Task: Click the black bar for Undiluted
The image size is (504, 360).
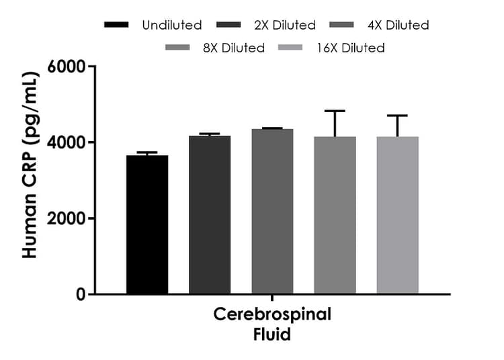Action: click(147, 225)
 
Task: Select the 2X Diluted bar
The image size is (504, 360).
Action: click(210, 215)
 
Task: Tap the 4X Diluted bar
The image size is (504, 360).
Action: click(272, 212)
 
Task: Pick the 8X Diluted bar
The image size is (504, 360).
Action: click(335, 216)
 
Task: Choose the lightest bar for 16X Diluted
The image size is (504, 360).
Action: click(397, 216)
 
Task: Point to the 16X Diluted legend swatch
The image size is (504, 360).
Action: click(300, 48)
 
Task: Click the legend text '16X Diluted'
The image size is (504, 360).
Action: click(352, 48)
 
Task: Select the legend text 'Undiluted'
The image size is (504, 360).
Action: click(172, 26)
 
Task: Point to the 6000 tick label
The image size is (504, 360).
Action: click(66, 67)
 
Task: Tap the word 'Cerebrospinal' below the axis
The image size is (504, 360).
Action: click(272, 316)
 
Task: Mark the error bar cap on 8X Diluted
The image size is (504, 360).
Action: click(335, 111)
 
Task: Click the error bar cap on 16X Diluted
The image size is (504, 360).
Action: click(397, 116)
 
